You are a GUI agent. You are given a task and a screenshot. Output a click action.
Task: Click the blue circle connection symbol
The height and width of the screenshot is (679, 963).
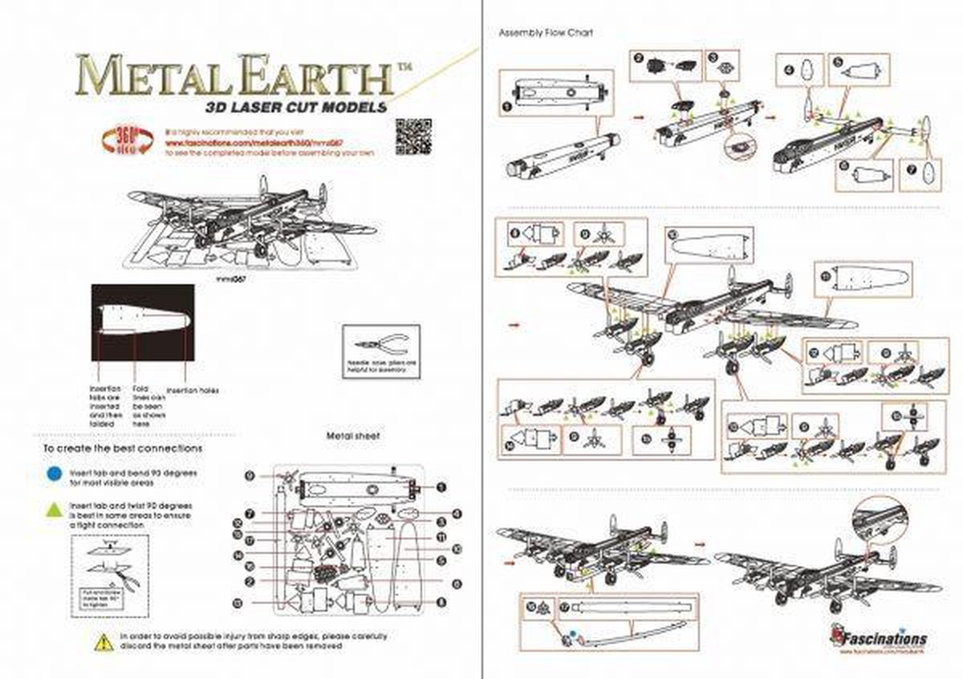tap(54, 474)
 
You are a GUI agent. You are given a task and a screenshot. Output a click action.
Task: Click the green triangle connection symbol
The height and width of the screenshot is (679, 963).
tap(54, 509)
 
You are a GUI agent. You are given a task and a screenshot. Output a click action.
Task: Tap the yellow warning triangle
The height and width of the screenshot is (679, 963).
tap(104, 641)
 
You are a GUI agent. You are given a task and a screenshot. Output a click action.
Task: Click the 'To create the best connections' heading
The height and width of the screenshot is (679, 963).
tap(122, 448)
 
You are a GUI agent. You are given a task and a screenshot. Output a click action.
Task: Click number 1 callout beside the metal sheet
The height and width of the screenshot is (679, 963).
tap(440, 486)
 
